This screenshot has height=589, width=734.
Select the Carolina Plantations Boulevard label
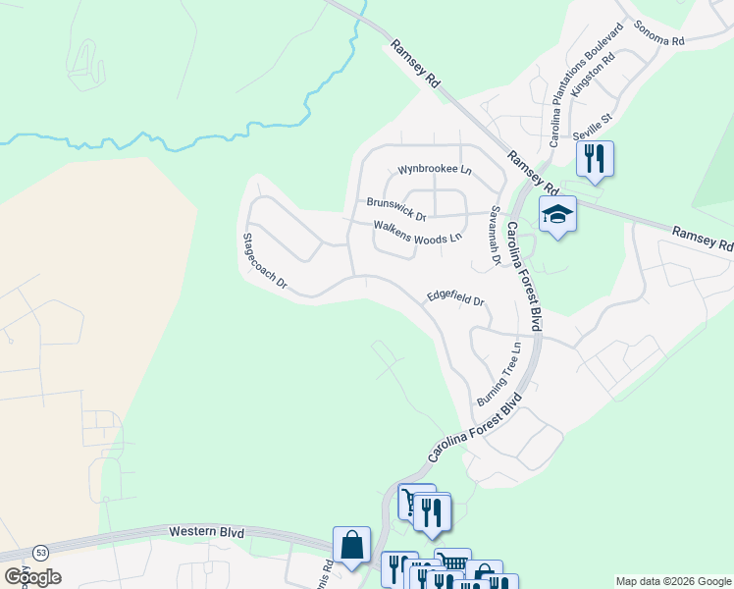pos(587,85)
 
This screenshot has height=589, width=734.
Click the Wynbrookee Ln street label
pos(434,169)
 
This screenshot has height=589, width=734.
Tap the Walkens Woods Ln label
pos(417,232)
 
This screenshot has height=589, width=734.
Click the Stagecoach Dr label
pos(265,261)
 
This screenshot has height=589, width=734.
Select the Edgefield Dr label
pos(456,296)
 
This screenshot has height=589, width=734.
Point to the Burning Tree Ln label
pos(499,375)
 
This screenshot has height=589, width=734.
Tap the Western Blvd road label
pos(206,531)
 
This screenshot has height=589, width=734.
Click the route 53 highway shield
pos(39,553)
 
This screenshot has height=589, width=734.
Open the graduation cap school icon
pos(557,215)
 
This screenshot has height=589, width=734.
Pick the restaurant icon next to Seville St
pos(594,158)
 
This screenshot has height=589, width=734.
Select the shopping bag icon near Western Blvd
pos(351,545)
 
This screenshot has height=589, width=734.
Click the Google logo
pos(32,577)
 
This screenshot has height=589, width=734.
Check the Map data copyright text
pos(672,581)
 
